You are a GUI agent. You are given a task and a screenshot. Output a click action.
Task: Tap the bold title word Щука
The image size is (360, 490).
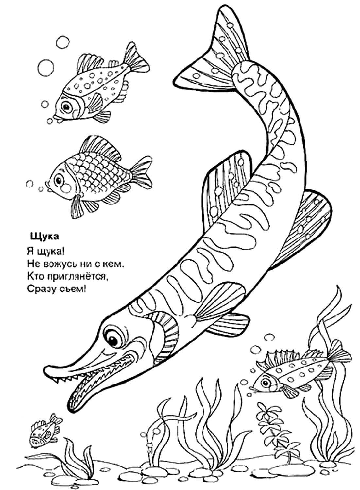(44, 237)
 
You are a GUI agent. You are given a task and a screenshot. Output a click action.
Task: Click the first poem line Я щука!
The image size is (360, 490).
(46, 251)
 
